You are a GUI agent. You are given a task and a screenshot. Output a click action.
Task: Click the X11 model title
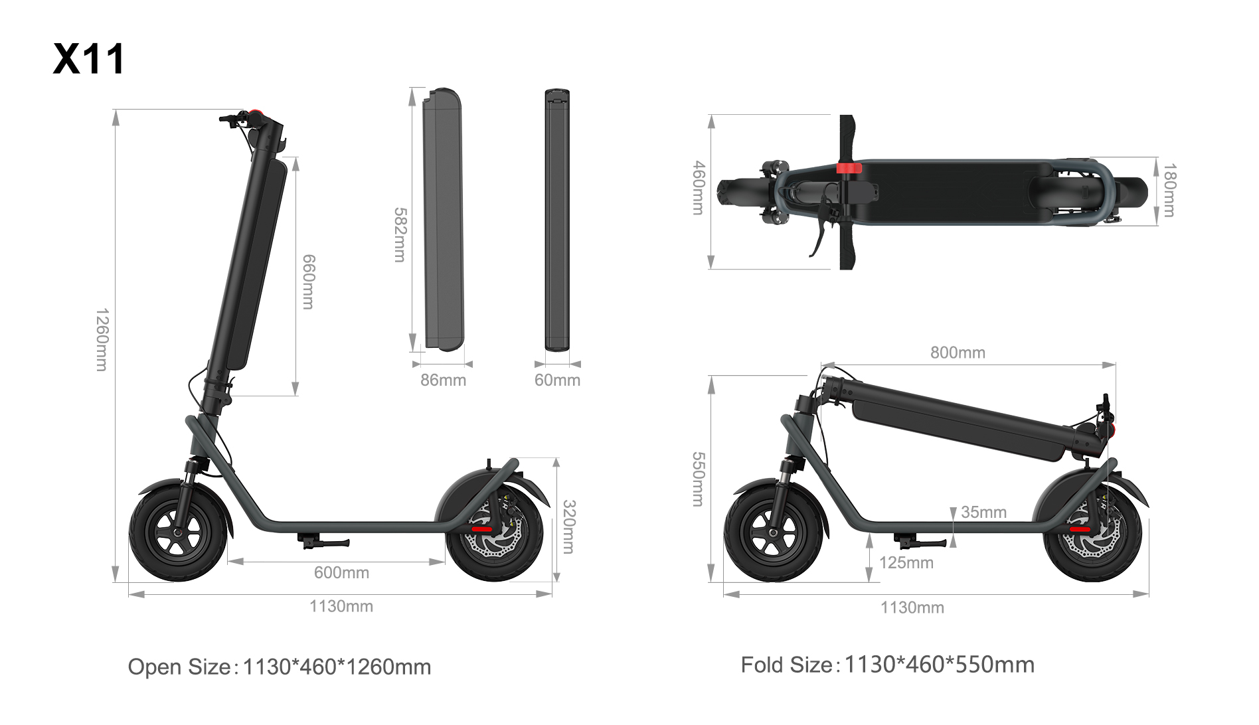(88, 59)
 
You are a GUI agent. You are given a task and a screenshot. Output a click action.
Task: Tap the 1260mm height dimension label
(101, 339)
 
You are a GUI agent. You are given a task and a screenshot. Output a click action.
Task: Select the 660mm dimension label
(308, 282)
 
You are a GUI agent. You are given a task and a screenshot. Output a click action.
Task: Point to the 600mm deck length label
(341, 572)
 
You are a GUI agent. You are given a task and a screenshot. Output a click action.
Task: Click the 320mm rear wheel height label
(569, 526)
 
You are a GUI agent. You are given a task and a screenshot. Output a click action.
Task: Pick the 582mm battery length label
(400, 234)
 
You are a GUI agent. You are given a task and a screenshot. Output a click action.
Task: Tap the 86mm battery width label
(443, 380)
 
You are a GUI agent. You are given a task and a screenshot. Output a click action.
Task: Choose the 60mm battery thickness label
(557, 380)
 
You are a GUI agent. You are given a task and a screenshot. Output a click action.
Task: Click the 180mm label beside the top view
(1169, 190)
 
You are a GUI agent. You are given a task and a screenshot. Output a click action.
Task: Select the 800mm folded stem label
(958, 353)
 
